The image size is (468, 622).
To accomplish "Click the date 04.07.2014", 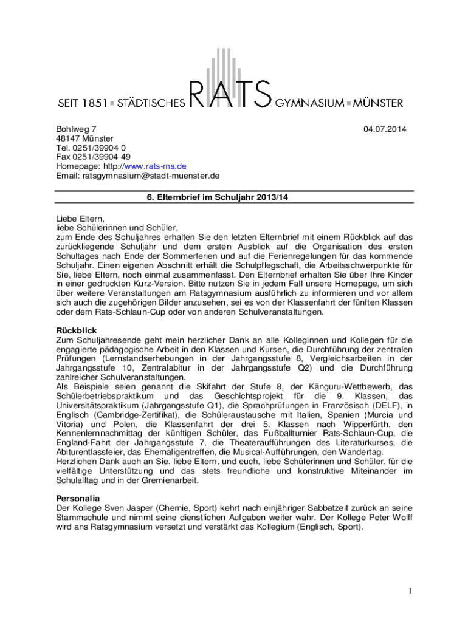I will [385, 129].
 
